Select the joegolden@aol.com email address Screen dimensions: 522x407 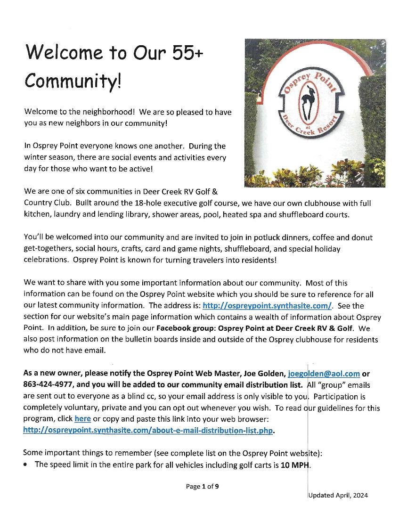tap(324, 374)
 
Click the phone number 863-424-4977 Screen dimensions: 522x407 tap(45, 384)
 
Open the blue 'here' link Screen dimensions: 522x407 tap(82, 418)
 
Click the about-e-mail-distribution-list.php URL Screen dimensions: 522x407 tap(148, 430)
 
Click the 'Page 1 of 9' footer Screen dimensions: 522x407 tap(202, 487)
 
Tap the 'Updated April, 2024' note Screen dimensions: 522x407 tap(338, 495)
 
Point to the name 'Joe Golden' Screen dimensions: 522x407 tap(264, 374)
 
